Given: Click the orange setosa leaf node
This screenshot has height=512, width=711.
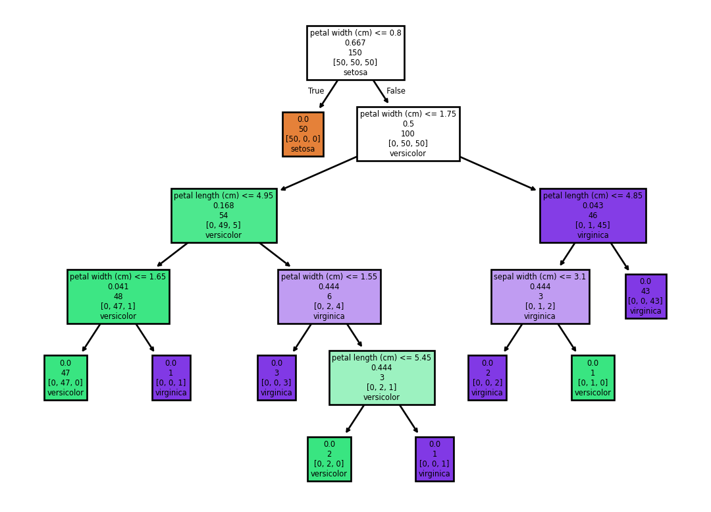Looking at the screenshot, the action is [x=303, y=134].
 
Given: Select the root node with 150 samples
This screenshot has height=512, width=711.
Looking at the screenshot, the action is [x=355, y=53].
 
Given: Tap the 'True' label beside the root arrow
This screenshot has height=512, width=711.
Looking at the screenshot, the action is [x=316, y=91].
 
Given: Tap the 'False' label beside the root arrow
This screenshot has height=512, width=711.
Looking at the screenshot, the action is [x=396, y=91].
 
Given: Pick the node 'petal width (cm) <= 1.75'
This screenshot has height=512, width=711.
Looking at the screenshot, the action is [x=408, y=134].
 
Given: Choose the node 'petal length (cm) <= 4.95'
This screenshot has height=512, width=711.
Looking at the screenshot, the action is [x=224, y=215].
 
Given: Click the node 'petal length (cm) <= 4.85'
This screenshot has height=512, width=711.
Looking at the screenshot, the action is [x=593, y=215].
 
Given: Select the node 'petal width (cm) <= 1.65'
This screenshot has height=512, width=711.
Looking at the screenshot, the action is [x=118, y=297].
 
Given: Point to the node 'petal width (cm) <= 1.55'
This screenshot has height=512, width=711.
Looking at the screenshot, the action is [x=329, y=297].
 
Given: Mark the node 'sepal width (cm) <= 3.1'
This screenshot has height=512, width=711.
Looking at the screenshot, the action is [x=540, y=297].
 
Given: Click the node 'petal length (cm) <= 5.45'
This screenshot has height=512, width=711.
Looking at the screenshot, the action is [x=382, y=378].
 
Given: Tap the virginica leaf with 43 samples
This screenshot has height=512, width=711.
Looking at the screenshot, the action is [x=646, y=297].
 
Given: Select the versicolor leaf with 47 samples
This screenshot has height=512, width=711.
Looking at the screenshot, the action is [x=66, y=378].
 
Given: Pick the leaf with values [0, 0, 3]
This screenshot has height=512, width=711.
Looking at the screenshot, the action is [x=276, y=378].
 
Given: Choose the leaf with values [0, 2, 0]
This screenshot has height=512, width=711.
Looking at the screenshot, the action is [x=329, y=459].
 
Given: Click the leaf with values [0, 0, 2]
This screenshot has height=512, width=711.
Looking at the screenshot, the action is [x=487, y=378].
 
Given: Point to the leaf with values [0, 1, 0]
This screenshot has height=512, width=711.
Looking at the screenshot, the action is [x=593, y=378].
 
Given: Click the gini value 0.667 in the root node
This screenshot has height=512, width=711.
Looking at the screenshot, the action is [x=355, y=43].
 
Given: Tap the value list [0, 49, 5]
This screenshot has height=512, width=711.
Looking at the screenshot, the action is [x=224, y=225].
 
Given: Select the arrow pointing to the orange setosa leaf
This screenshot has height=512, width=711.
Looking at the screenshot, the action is [x=329, y=94].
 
